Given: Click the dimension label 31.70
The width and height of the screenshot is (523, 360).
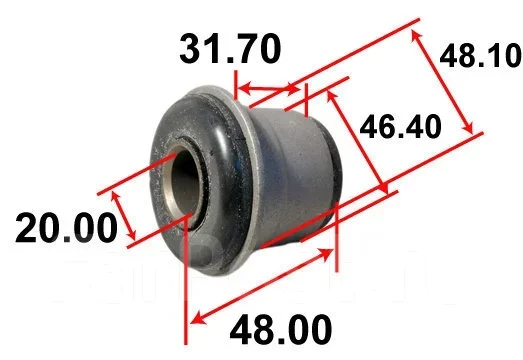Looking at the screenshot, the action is [x=230, y=49].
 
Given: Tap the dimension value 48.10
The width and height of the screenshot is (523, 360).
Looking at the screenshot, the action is [x=481, y=56].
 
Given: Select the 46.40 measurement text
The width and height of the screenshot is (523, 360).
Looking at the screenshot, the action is [x=401, y=126].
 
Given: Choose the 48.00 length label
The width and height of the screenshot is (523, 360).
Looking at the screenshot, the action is [x=281, y=329].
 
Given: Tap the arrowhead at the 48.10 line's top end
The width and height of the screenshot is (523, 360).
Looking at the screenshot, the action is [x=416, y=36].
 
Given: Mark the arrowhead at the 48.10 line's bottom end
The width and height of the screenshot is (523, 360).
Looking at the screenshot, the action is [x=468, y=127].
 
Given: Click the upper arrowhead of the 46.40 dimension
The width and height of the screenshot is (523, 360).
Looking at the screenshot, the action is [x=331, y=96].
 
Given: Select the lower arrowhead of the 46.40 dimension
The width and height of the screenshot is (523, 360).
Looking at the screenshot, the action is [x=383, y=187].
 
